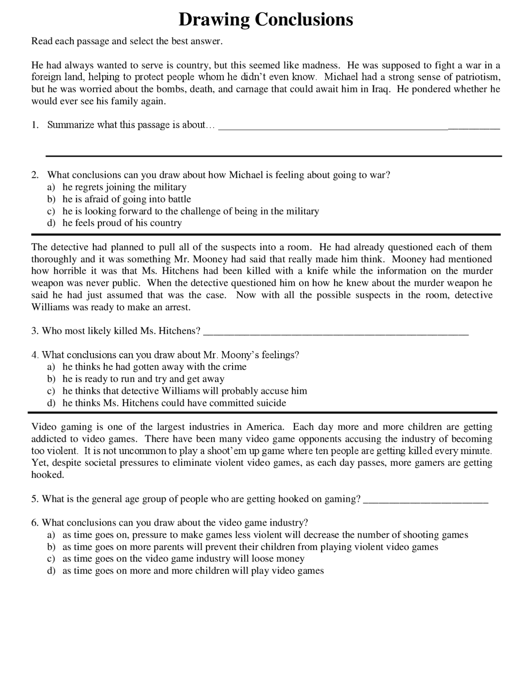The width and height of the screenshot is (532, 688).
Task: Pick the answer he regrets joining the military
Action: coord(124,187)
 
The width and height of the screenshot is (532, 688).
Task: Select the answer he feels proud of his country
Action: coord(122,223)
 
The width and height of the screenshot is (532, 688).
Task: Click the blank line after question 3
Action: coord(337,332)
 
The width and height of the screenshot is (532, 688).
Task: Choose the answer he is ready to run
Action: coord(143,379)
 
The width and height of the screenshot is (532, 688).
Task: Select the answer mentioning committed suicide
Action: coord(174,403)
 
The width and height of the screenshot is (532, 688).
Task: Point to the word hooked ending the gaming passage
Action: coord(47,475)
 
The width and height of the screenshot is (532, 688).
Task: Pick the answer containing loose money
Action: coord(183,559)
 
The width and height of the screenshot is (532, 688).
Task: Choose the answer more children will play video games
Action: coord(193,571)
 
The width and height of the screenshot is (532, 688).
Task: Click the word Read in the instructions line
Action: coord(41,41)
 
